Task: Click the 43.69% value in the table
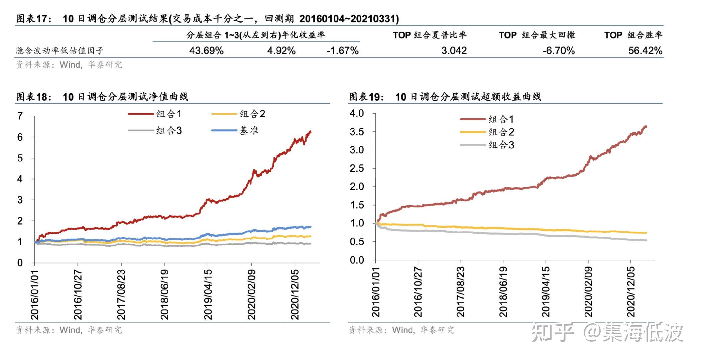(x=206, y=50)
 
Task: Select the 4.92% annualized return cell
(x=281, y=50)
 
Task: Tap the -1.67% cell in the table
(x=342, y=50)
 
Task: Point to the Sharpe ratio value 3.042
(x=454, y=50)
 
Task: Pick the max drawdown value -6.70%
(x=559, y=50)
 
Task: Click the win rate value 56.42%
(x=645, y=50)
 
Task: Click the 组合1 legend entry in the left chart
(x=155, y=114)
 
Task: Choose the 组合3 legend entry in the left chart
(x=155, y=130)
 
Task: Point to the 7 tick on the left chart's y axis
(x=20, y=116)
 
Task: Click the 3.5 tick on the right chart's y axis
(x=356, y=132)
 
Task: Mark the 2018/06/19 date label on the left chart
(x=164, y=294)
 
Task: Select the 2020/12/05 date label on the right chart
(x=630, y=292)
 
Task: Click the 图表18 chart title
(x=102, y=97)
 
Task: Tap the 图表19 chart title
(x=445, y=97)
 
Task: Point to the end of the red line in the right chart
(x=646, y=126)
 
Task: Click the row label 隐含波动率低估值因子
(x=60, y=51)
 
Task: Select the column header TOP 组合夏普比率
(x=429, y=35)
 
